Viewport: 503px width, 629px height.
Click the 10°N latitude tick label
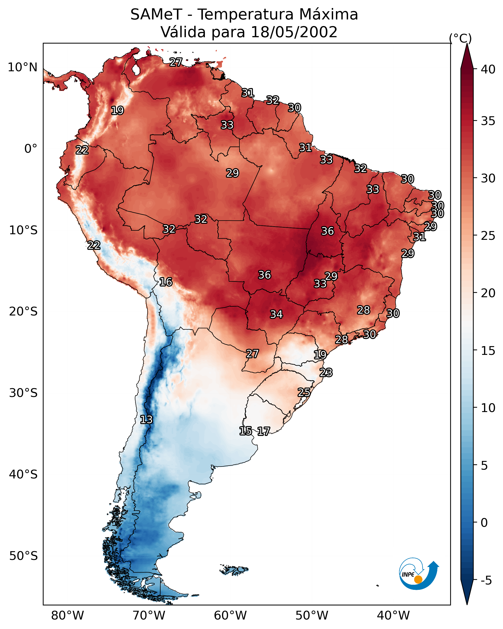click(x=22, y=67)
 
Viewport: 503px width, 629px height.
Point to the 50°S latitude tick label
click(x=23, y=556)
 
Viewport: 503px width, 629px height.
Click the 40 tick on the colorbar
click(x=488, y=69)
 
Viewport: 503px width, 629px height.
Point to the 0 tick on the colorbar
click(x=484, y=522)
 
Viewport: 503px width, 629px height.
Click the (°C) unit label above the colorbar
click(x=460, y=38)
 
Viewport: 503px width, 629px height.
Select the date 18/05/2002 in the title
click(x=294, y=32)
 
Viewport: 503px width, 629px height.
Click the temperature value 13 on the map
click(x=146, y=420)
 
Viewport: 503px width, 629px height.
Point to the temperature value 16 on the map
click(x=166, y=282)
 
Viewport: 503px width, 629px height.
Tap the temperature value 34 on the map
click(x=276, y=314)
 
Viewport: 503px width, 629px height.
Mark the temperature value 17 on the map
click(x=264, y=431)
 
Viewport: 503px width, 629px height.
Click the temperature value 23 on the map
click(x=326, y=373)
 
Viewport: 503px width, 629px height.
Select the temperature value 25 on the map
click(x=304, y=392)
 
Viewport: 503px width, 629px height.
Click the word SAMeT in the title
click(x=156, y=15)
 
